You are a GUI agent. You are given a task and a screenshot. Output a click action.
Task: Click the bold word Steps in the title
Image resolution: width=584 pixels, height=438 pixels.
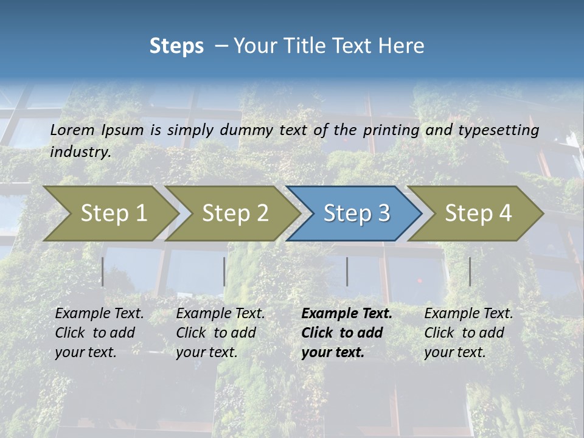pyautogui.click(x=176, y=46)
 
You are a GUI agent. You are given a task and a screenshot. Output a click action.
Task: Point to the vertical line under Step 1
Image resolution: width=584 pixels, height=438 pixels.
pyautogui.click(x=103, y=271)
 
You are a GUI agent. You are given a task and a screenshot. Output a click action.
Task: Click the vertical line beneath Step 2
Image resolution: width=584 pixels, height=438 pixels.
pyautogui.click(x=224, y=271)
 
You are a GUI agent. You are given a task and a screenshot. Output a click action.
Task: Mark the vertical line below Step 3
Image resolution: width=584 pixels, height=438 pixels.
pyautogui.click(x=347, y=271)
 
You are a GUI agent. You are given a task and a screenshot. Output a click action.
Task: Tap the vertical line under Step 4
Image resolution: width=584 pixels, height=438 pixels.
pyautogui.click(x=470, y=271)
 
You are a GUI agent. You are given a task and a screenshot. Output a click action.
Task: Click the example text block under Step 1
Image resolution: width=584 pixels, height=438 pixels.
pyautogui.click(x=99, y=333)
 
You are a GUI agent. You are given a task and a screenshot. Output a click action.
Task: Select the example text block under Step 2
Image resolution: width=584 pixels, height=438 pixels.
pyautogui.click(x=220, y=333)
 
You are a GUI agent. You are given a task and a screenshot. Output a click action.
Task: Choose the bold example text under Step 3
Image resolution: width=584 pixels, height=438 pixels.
pyautogui.click(x=346, y=333)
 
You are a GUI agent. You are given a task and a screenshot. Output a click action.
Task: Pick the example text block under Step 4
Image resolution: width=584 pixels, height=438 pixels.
pyautogui.click(x=468, y=333)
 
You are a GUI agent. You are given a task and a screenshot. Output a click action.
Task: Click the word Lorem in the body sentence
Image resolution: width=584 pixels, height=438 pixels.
pyautogui.click(x=72, y=130)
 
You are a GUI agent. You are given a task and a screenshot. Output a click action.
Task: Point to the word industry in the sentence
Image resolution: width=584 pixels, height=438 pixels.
pyautogui.click(x=80, y=152)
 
